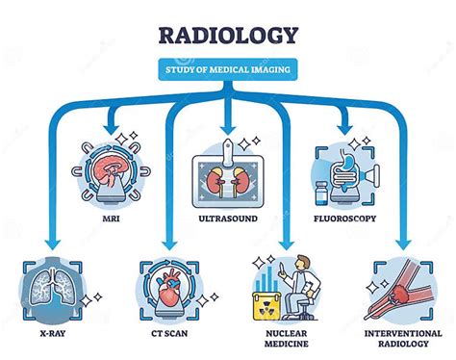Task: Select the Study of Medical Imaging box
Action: (x=228, y=67)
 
